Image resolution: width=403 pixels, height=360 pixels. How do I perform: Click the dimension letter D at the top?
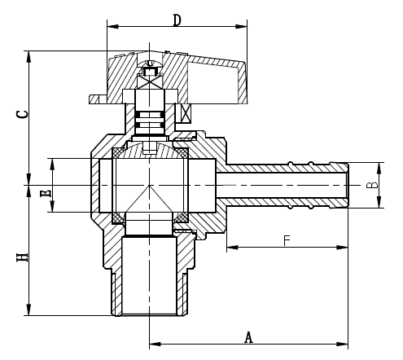(x=177, y=18)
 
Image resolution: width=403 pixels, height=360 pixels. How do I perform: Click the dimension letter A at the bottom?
(x=248, y=336)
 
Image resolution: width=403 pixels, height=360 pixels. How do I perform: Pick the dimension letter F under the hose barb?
(x=287, y=240)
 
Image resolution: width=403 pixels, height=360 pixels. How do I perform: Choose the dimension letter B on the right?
(x=372, y=186)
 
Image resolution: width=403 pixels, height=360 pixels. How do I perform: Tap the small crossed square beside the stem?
(x=186, y=113)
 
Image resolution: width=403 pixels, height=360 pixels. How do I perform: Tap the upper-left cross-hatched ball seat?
(x=117, y=151)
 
